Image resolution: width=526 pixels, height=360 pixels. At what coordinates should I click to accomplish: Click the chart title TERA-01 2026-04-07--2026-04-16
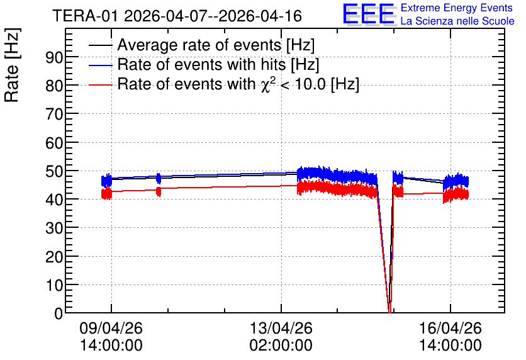click(177, 16)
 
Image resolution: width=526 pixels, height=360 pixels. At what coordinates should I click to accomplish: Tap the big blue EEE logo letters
click(369, 14)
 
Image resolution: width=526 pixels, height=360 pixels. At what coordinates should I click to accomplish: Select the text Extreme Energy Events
click(457, 8)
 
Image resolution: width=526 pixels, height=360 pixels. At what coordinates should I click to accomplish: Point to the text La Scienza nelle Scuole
click(457, 21)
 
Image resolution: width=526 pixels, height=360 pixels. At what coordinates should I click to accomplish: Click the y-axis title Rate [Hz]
click(12, 65)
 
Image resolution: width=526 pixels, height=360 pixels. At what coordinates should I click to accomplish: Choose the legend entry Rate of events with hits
click(218, 64)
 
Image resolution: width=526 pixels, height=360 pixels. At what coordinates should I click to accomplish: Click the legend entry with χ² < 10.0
click(238, 84)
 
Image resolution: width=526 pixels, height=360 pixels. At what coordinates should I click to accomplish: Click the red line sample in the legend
click(100, 85)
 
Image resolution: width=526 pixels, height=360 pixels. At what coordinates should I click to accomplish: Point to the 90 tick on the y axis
click(54, 57)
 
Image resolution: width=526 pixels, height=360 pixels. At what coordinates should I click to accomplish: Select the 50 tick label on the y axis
click(54, 171)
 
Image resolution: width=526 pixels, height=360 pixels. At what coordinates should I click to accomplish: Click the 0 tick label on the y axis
click(59, 313)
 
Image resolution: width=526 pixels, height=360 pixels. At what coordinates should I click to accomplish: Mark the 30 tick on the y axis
click(54, 228)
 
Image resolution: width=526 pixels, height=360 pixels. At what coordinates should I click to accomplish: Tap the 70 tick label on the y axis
click(54, 115)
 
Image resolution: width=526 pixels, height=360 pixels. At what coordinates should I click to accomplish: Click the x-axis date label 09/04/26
click(111, 328)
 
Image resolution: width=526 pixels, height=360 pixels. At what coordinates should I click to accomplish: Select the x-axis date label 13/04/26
click(281, 328)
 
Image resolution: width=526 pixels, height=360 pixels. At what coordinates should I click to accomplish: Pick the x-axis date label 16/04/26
click(450, 328)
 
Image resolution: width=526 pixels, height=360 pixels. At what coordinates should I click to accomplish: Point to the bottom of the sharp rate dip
click(389, 312)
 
